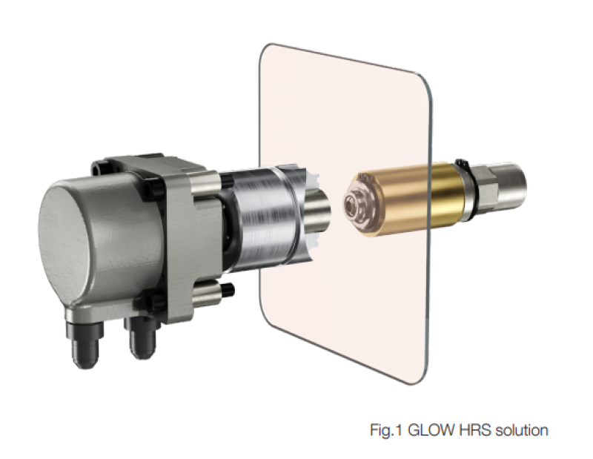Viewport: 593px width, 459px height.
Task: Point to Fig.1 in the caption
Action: tap(387, 431)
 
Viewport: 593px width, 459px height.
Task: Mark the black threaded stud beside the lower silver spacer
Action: tap(228, 290)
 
